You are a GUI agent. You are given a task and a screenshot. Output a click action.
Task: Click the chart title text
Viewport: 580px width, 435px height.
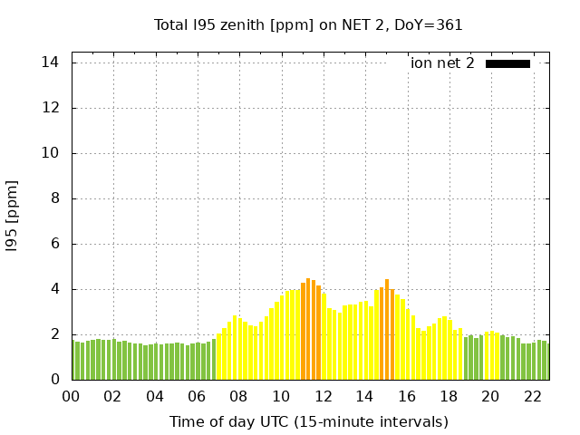point(308,24)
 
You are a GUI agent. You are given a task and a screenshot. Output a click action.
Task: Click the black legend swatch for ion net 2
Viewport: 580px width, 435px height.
point(507,63)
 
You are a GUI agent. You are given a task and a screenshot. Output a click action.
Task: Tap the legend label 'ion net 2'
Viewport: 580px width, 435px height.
point(442,63)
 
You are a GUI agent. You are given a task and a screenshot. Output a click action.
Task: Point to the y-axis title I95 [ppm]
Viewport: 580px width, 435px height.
point(13,216)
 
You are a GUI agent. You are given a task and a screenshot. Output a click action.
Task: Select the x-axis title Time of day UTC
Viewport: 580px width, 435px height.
point(308,421)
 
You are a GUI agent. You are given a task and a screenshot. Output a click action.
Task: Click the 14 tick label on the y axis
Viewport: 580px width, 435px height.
point(51,63)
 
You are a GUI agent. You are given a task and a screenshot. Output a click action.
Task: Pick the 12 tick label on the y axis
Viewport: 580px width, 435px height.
point(51,108)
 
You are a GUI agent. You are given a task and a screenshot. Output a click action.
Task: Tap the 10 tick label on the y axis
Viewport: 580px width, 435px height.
point(51,153)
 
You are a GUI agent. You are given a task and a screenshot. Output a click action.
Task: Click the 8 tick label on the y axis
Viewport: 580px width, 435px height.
point(54,198)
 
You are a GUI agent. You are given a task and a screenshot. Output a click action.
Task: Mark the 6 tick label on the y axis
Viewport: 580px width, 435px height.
point(54,244)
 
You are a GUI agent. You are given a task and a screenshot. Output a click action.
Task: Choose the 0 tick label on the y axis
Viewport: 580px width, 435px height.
point(54,380)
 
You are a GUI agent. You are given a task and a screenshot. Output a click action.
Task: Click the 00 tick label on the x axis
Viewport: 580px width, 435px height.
point(72,396)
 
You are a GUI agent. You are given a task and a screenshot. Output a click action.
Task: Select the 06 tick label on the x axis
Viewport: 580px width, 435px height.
point(198,396)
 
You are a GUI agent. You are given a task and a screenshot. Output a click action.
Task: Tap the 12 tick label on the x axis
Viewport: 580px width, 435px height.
point(323,396)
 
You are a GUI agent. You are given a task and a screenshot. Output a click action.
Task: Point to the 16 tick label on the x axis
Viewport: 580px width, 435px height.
point(407,396)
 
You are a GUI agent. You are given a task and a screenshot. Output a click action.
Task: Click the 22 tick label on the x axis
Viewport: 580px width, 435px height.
point(532,396)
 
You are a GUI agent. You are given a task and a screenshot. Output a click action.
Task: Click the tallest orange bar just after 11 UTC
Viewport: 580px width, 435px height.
point(308,331)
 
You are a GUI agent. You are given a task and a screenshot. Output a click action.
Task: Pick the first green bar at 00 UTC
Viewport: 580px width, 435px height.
point(74,361)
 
